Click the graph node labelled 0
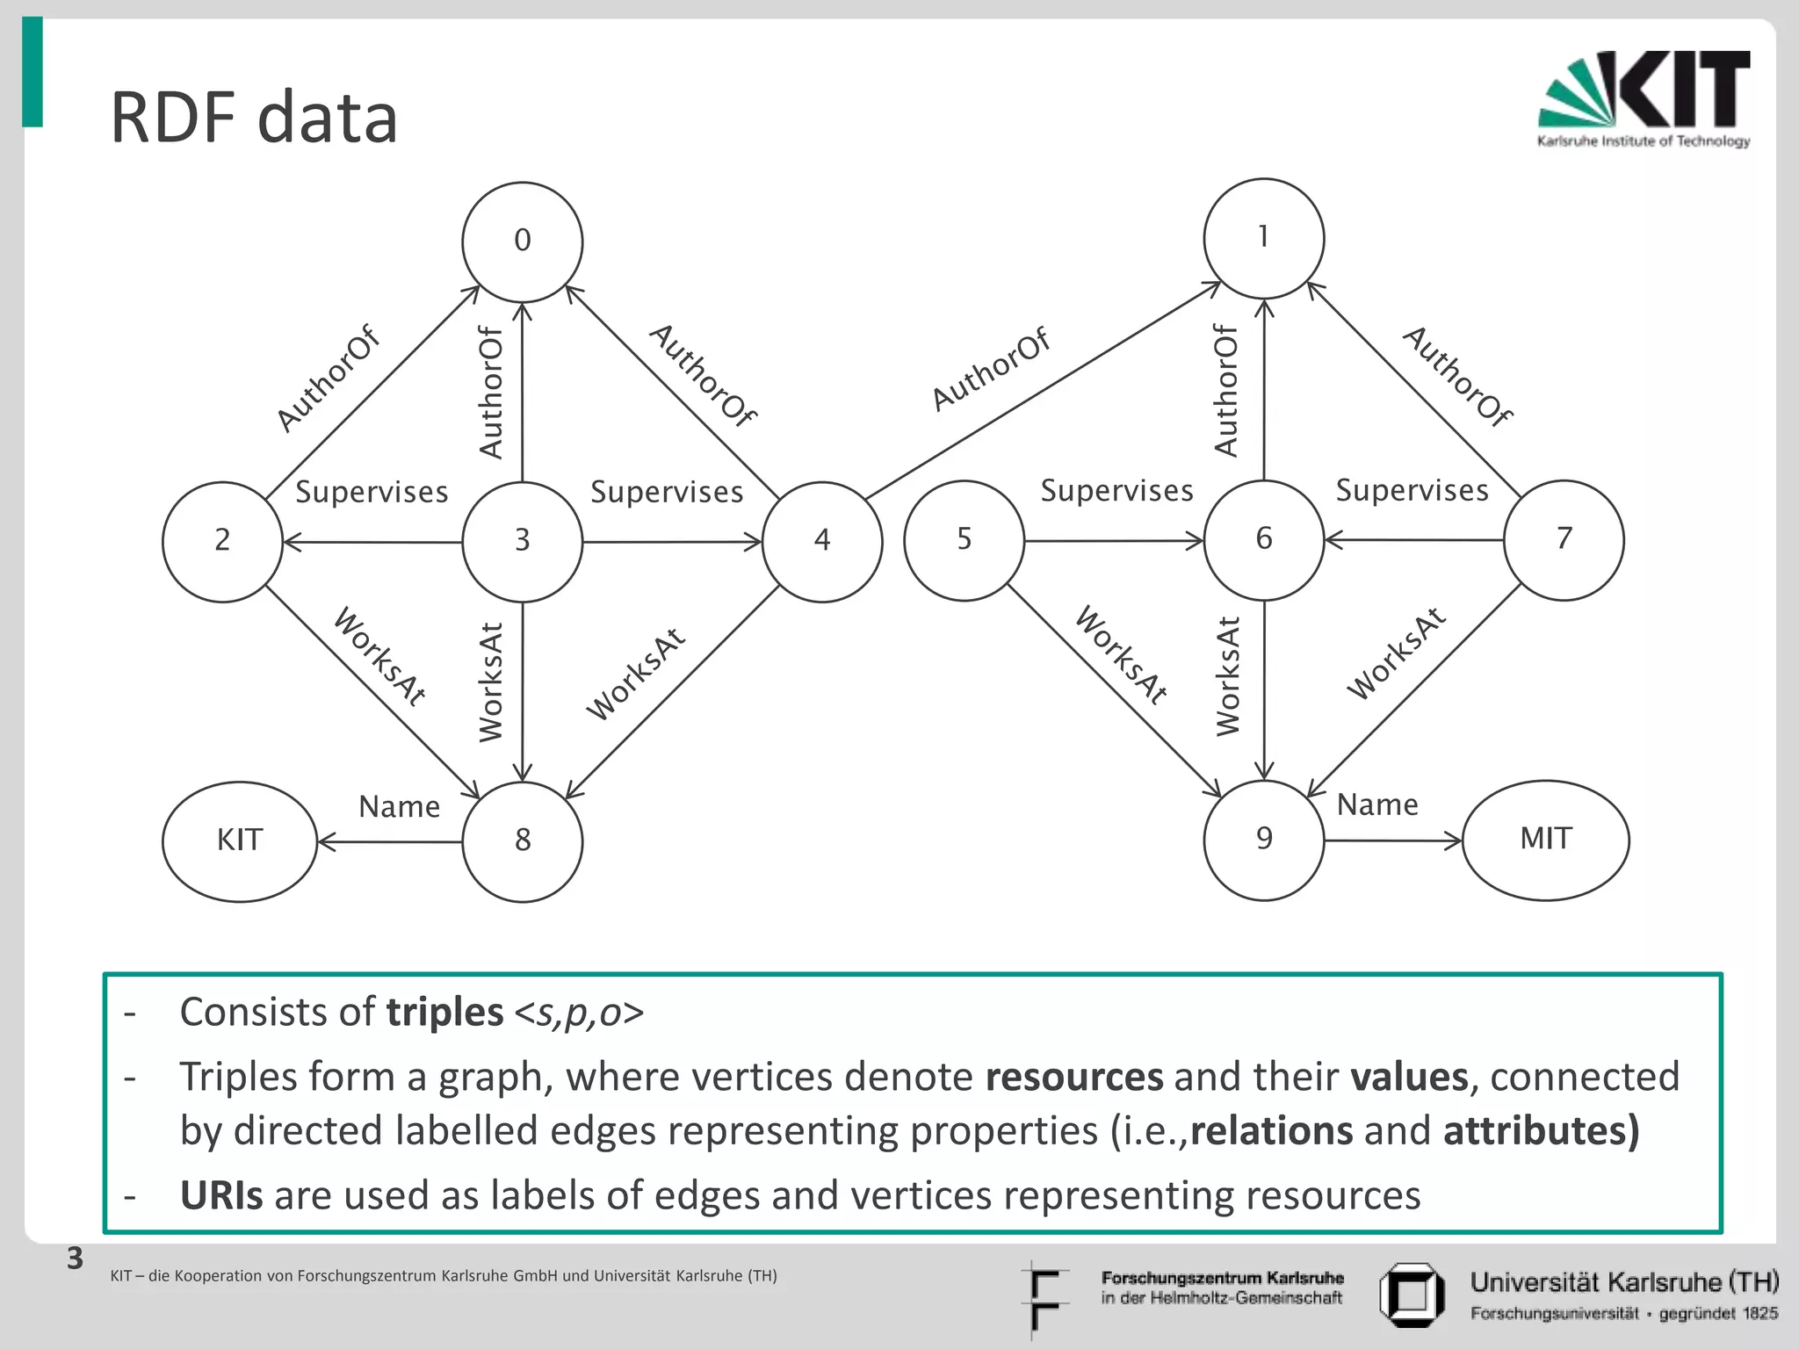(x=523, y=242)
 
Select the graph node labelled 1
(x=1263, y=238)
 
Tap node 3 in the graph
(x=523, y=541)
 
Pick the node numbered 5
(x=964, y=540)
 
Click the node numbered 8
(x=523, y=841)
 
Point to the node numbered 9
(x=1263, y=840)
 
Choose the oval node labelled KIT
(x=240, y=841)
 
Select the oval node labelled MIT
(x=1545, y=840)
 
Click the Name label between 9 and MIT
(x=1376, y=804)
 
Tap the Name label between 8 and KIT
(x=399, y=806)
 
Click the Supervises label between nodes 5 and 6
(x=1116, y=490)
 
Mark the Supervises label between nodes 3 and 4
(x=666, y=492)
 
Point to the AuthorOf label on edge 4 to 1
(x=990, y=369)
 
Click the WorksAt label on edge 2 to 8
(x=379, y=656)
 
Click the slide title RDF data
(x=254, y=118)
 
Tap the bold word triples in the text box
(x=444, y=1012)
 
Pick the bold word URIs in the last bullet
(x=220, y=1195)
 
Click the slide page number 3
(x=76, y=1259)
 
